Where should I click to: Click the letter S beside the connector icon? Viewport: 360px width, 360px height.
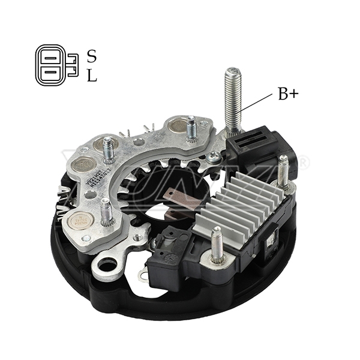pyautogui.click(x=92, y=56)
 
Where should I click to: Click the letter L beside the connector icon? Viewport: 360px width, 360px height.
pyautogui.click(x=92, y=76)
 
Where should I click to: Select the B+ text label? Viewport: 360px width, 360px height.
pyautogui.click(x=287, y=94)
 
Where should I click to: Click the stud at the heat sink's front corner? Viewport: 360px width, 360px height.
pyautogui.click(x=217, y=245)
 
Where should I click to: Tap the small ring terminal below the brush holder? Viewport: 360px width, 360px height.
pyautogui.click(x=143, y=275)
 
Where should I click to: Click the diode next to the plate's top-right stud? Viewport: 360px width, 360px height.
pyautogui.click(x=177, y=126)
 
